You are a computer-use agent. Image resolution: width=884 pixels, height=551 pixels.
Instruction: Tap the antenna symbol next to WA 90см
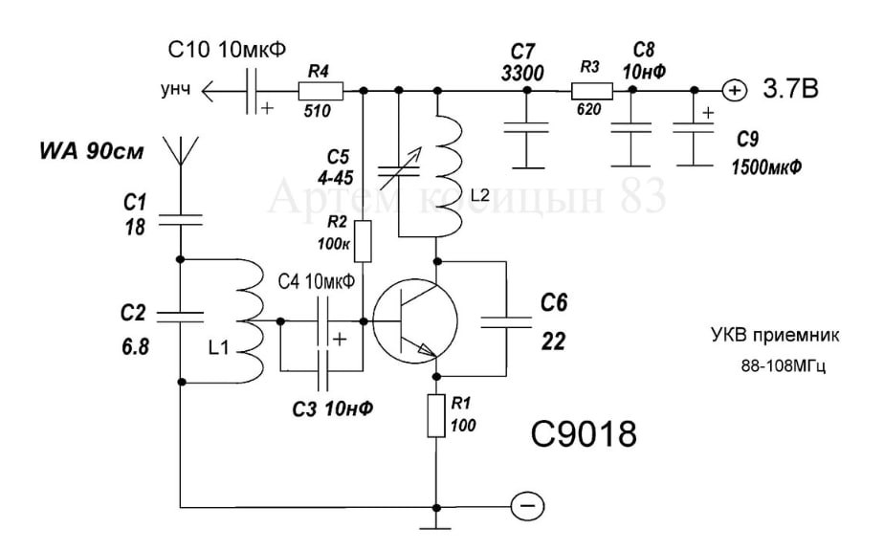[x=181, y=150]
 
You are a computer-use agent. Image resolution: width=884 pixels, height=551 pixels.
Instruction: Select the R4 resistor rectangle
[x=320, y=90]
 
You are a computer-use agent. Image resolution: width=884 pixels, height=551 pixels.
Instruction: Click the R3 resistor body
[x=592, y=91]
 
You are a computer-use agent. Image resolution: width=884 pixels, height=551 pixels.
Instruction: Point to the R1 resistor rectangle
[x=436, y=416]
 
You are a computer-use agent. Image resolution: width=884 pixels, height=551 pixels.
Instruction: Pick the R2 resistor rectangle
[x=364, y=241]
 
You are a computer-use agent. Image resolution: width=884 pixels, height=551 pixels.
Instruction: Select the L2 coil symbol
[x=450, y=175]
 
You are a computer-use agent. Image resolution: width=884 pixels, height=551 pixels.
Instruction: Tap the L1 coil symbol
[x=248, y=320]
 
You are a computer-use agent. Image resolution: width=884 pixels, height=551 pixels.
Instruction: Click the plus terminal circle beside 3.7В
[x=735, y=90]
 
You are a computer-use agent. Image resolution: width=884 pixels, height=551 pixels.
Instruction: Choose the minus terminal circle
[x=527, y=506]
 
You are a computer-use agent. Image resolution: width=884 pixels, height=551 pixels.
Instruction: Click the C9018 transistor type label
[x=584, y=433]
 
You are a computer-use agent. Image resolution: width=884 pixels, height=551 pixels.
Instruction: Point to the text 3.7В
[x=790, y=89]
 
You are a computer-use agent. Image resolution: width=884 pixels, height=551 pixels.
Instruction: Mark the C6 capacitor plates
[x=506, y=322]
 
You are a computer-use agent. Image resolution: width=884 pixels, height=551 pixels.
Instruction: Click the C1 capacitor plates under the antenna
[x=181, y=220]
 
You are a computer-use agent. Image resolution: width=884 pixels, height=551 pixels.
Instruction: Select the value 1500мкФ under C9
[x=766, y=167]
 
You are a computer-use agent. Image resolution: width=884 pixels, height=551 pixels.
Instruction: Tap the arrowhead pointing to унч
[x=208, y=90]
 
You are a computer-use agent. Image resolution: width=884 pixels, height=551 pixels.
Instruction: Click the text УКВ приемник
[x=775, y=335]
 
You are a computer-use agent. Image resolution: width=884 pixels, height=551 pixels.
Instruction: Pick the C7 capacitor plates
[x=526, y=127]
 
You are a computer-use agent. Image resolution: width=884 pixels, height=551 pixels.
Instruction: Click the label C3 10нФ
[x=333, y=408]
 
